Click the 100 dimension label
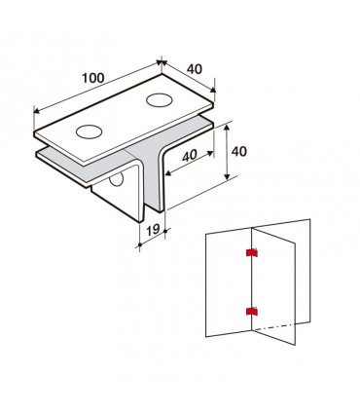point(93,78)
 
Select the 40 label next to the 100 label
point(195,69)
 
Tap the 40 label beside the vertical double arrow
point(239,152)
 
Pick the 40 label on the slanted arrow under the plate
point(190,156)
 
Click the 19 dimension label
point(153,230)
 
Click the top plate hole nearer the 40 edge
point(159,100)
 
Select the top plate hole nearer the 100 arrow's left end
point(89,131)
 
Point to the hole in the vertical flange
point(117,179)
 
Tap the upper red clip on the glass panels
point(252,252)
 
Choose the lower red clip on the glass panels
point(252,312)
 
